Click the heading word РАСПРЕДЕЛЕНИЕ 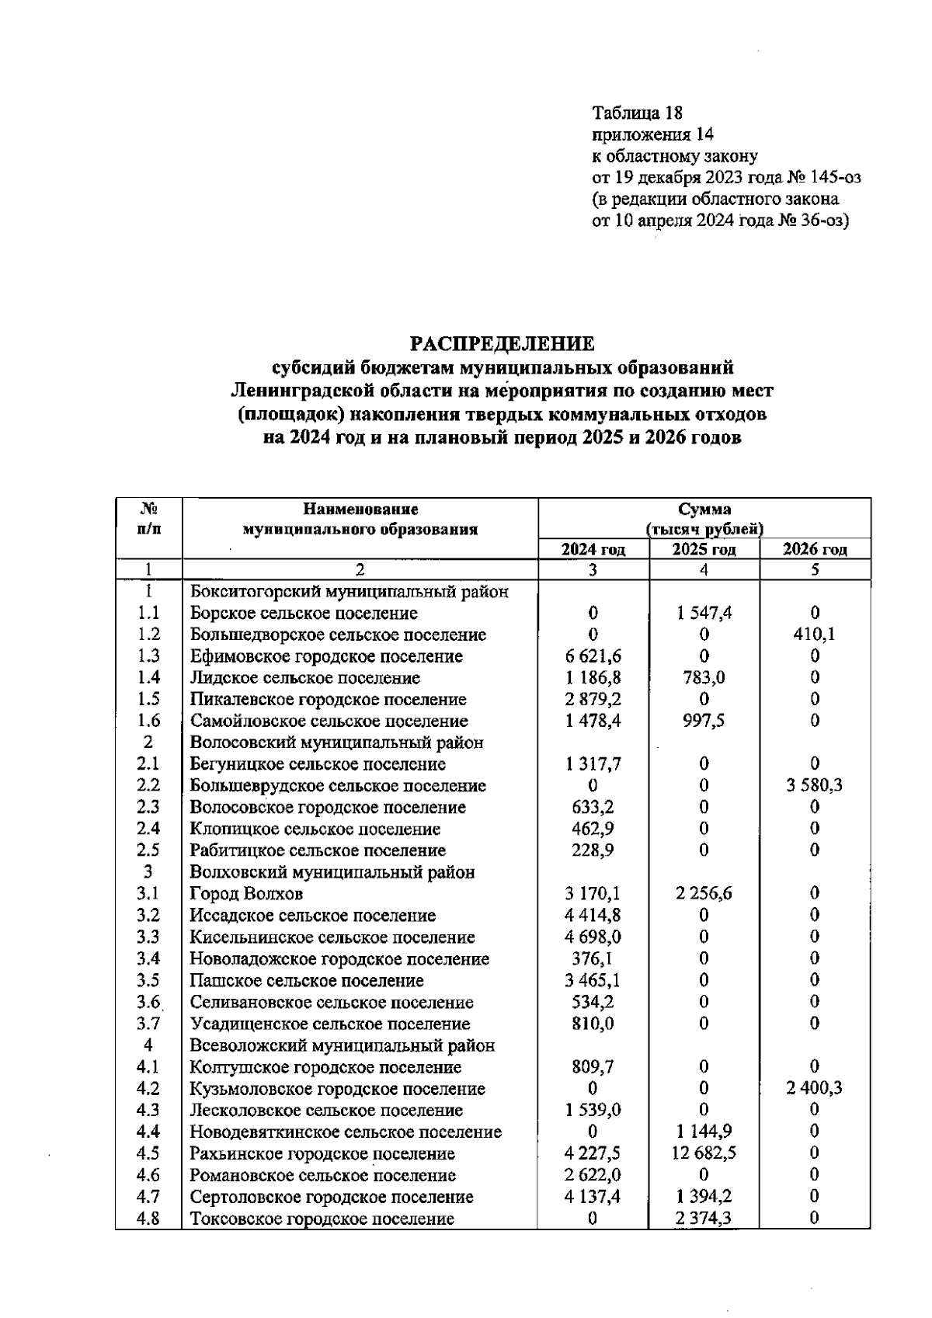(x=502, y=343)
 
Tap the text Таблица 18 (x=637, y=113)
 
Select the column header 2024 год (x=593, y=550)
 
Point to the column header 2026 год (x=814, y=550)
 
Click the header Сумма (x=704, y=510)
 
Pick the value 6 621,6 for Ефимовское (x=593, y=656)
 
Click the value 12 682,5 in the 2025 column (x=704, y=1153)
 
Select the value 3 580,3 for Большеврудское (x=814, y=786)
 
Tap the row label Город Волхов (x=247, y=894)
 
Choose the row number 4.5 (x=148, y=1153)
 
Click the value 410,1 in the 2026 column (x=814, y=635)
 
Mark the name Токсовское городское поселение (x=322, y=1219)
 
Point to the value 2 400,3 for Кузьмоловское (x=814, y=1089)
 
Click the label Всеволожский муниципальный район (x=343, y=1045)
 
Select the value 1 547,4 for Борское (x=704, y=614)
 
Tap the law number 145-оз (x=834, y=178)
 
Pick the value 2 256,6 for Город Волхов (x=704, y=894)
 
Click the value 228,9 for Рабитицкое (x=593, y=850)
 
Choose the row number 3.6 (x=148, y=1003)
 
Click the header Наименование (x=360, y=510)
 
